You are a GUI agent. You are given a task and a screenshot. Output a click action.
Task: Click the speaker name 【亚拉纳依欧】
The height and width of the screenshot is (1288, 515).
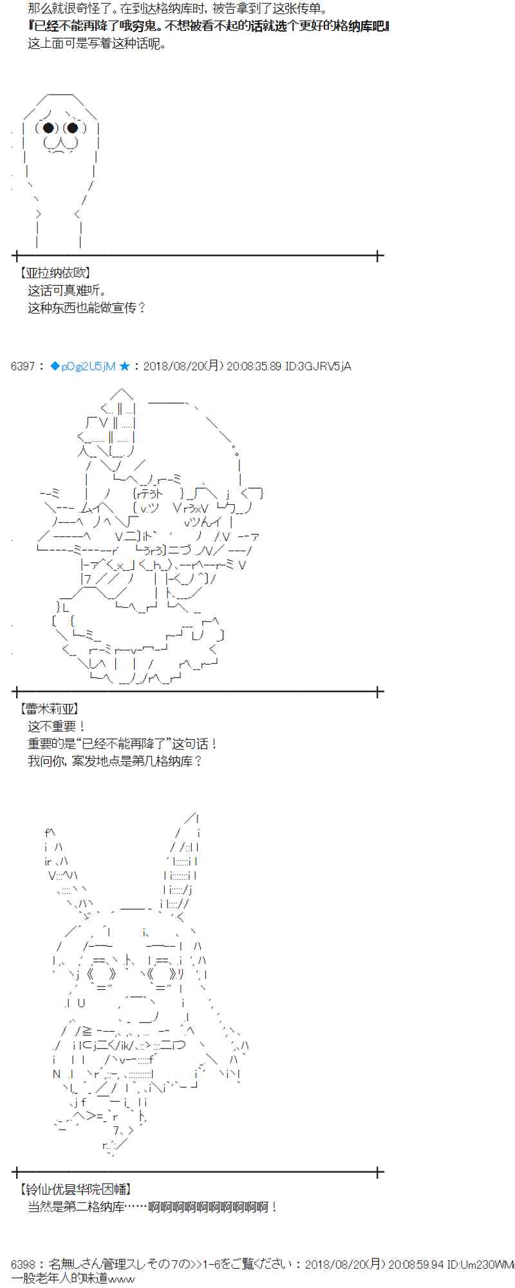point(55,274)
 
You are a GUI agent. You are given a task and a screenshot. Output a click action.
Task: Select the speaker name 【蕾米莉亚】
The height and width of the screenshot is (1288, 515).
point(50,709)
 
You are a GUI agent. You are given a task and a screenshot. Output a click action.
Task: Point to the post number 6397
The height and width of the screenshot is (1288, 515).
point(23,366)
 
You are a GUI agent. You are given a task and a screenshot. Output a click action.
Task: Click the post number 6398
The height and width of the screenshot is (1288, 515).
point(23,1264)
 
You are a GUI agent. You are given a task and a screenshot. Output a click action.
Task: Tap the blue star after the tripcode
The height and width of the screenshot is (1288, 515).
point(124,366)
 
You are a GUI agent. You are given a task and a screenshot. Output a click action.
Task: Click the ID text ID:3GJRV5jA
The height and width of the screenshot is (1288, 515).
point(318,366)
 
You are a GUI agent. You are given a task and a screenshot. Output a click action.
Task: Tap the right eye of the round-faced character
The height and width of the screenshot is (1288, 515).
point(72,128)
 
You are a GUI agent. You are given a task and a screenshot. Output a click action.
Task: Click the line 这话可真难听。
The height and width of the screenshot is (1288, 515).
point(67,290)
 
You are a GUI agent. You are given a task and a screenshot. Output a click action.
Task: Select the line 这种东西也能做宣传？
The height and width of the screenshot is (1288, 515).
point(86,308)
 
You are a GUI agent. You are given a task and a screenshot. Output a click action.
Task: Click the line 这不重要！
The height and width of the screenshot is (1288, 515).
point(57,726)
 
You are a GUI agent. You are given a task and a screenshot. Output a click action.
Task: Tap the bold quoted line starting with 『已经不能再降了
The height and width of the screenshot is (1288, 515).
point(209,26)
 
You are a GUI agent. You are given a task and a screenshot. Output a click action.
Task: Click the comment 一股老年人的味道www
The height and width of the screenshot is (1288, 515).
point(73,1279)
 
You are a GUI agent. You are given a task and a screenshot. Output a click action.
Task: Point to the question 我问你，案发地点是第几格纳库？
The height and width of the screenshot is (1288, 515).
point(115,761)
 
